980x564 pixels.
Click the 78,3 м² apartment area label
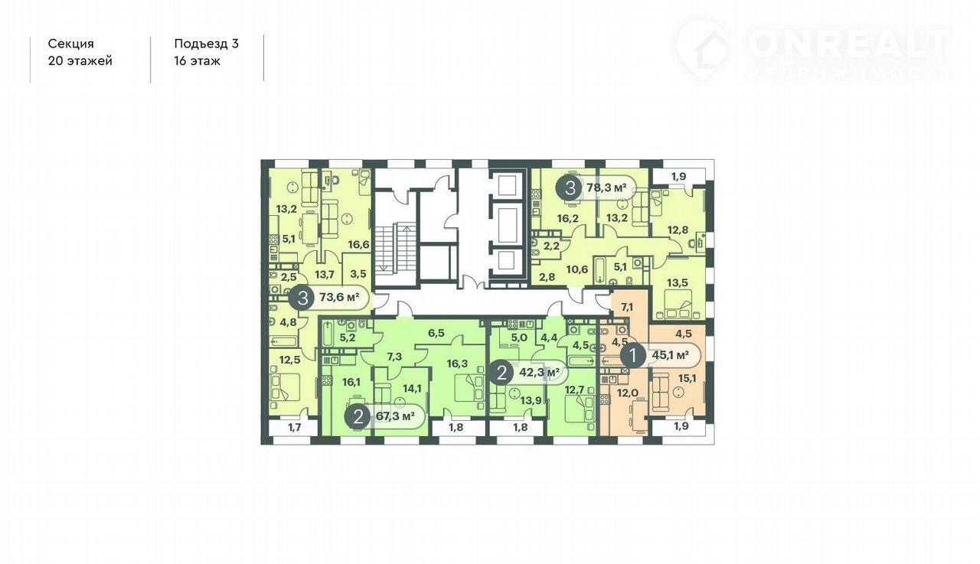pos(606,188)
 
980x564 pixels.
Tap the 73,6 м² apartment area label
pos(339,298)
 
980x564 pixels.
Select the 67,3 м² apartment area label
pos(395,416)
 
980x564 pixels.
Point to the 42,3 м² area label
pos(540,373)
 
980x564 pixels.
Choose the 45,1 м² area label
pos(671,355)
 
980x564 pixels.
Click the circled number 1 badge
pos(633,355)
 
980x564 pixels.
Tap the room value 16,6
pos(359,244)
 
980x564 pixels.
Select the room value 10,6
pos(577,269)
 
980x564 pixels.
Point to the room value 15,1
pos(687,378)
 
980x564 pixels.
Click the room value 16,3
pos(457,364)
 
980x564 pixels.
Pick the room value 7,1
pos(627,308)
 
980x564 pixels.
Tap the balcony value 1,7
pos(295,427)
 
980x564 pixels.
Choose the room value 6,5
pos(436,333)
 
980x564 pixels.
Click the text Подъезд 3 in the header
pos(207,44)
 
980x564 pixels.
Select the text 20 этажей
pos(80,60)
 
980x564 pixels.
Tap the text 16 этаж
pos(198,60)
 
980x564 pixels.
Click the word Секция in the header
pos(71,44)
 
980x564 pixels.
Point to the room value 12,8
pos(678,230)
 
